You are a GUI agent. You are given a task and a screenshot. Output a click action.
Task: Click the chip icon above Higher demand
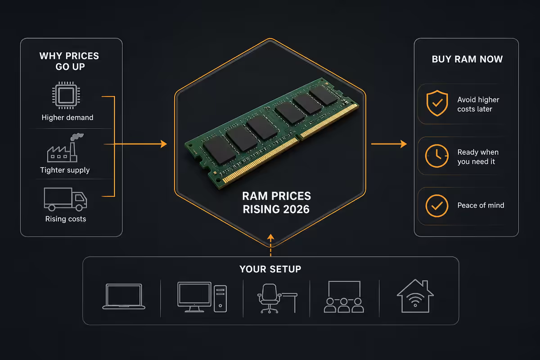(x=66, y=95)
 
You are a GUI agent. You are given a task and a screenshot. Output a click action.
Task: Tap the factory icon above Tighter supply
(x=65, y=148)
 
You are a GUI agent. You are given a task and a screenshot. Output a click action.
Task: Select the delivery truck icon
(x=65, y=199)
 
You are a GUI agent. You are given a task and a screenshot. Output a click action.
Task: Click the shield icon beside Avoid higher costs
(x=437, y=103)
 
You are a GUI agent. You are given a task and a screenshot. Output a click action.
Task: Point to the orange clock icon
(x=436, y=156)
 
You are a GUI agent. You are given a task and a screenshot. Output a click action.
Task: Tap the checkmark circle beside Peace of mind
(x=437, y=206)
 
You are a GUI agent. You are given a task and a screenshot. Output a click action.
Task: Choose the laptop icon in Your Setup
(x=124, y=297)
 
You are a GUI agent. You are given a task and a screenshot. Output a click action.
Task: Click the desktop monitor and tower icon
(x=202, y=297)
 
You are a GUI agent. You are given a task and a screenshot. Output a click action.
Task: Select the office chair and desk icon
(x=277, y=298)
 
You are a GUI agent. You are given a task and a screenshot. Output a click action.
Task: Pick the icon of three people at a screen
(x=344, y=297)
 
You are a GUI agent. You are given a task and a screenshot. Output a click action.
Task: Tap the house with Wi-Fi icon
(x=415, y=296)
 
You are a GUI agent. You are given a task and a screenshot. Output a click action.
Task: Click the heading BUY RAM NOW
(x=467, y=59)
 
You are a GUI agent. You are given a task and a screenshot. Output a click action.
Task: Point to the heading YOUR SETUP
(x=270, y=269)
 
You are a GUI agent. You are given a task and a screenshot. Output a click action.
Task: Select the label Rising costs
(x=66, y=219)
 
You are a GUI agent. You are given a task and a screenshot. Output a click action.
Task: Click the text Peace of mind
(x=481, y=205)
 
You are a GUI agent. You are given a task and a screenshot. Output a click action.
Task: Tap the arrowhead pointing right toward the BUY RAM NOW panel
(x=404, y=144)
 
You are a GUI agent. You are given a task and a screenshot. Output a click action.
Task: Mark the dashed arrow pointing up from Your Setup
(x=270, y=245)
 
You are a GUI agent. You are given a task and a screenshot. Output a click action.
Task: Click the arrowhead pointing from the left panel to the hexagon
(x=164, y=144)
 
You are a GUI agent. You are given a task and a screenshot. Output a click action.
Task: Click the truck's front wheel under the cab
(x=79, y=207)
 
